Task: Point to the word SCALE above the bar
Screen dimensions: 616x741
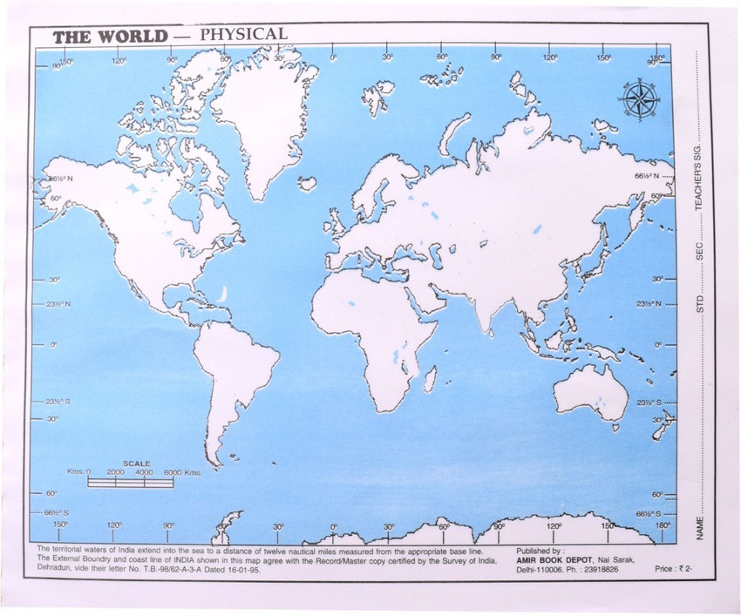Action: click(x=136, y=464)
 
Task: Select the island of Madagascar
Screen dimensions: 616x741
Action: click(x=431, y=377)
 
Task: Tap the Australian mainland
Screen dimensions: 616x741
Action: click(x=592, y=391)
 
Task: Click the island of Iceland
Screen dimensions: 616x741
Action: click(x=307, y=183)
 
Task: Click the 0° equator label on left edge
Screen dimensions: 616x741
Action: click(x=52, y=345)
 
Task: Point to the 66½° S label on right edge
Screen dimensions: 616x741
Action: click(x=645, y=514)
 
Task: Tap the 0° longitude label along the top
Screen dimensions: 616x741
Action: click(x=334, y=58)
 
